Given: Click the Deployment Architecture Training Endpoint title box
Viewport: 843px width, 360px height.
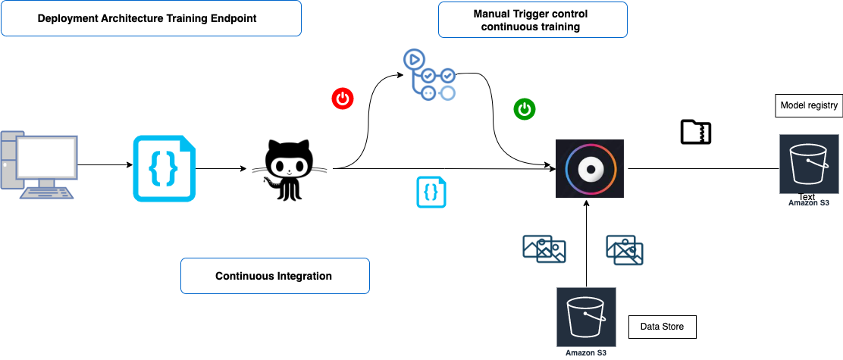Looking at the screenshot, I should (x=152, y=18).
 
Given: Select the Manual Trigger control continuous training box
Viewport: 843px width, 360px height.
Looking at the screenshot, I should (x=532, y=20).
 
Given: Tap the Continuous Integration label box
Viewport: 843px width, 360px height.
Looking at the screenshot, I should (x=274, y=276).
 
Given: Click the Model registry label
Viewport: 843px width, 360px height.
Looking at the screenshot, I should (x=809, y=106).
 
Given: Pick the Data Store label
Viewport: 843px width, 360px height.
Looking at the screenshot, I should (x=662, y=327).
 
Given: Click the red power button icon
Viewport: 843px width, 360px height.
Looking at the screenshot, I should (x=343, y=99).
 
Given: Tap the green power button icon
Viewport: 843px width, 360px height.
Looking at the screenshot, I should (x=525, y=108).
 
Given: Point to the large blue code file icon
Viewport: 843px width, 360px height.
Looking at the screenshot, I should (x=164, y=169).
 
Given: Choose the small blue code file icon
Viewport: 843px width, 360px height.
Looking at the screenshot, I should (x=431, y=192).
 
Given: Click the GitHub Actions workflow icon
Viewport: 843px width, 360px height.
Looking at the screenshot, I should (x=429, y=74).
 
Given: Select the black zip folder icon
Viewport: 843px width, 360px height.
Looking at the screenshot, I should (x=695, y=132).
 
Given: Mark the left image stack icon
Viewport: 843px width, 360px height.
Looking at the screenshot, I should (x=544, y=249).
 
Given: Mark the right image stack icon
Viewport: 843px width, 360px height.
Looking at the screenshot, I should (x=625, y=250).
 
